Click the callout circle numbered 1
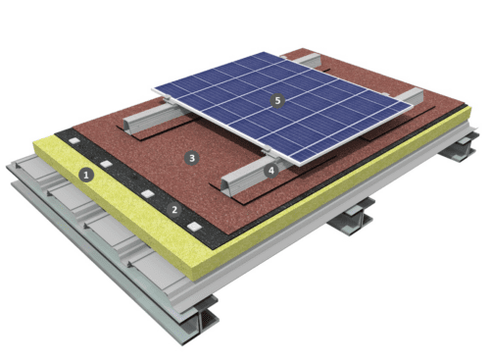click(x=86, y=177)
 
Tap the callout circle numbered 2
click(x=174, y=209)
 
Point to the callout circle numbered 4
click(x=271, y=169)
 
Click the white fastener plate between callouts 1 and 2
click(x=148, y=194)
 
